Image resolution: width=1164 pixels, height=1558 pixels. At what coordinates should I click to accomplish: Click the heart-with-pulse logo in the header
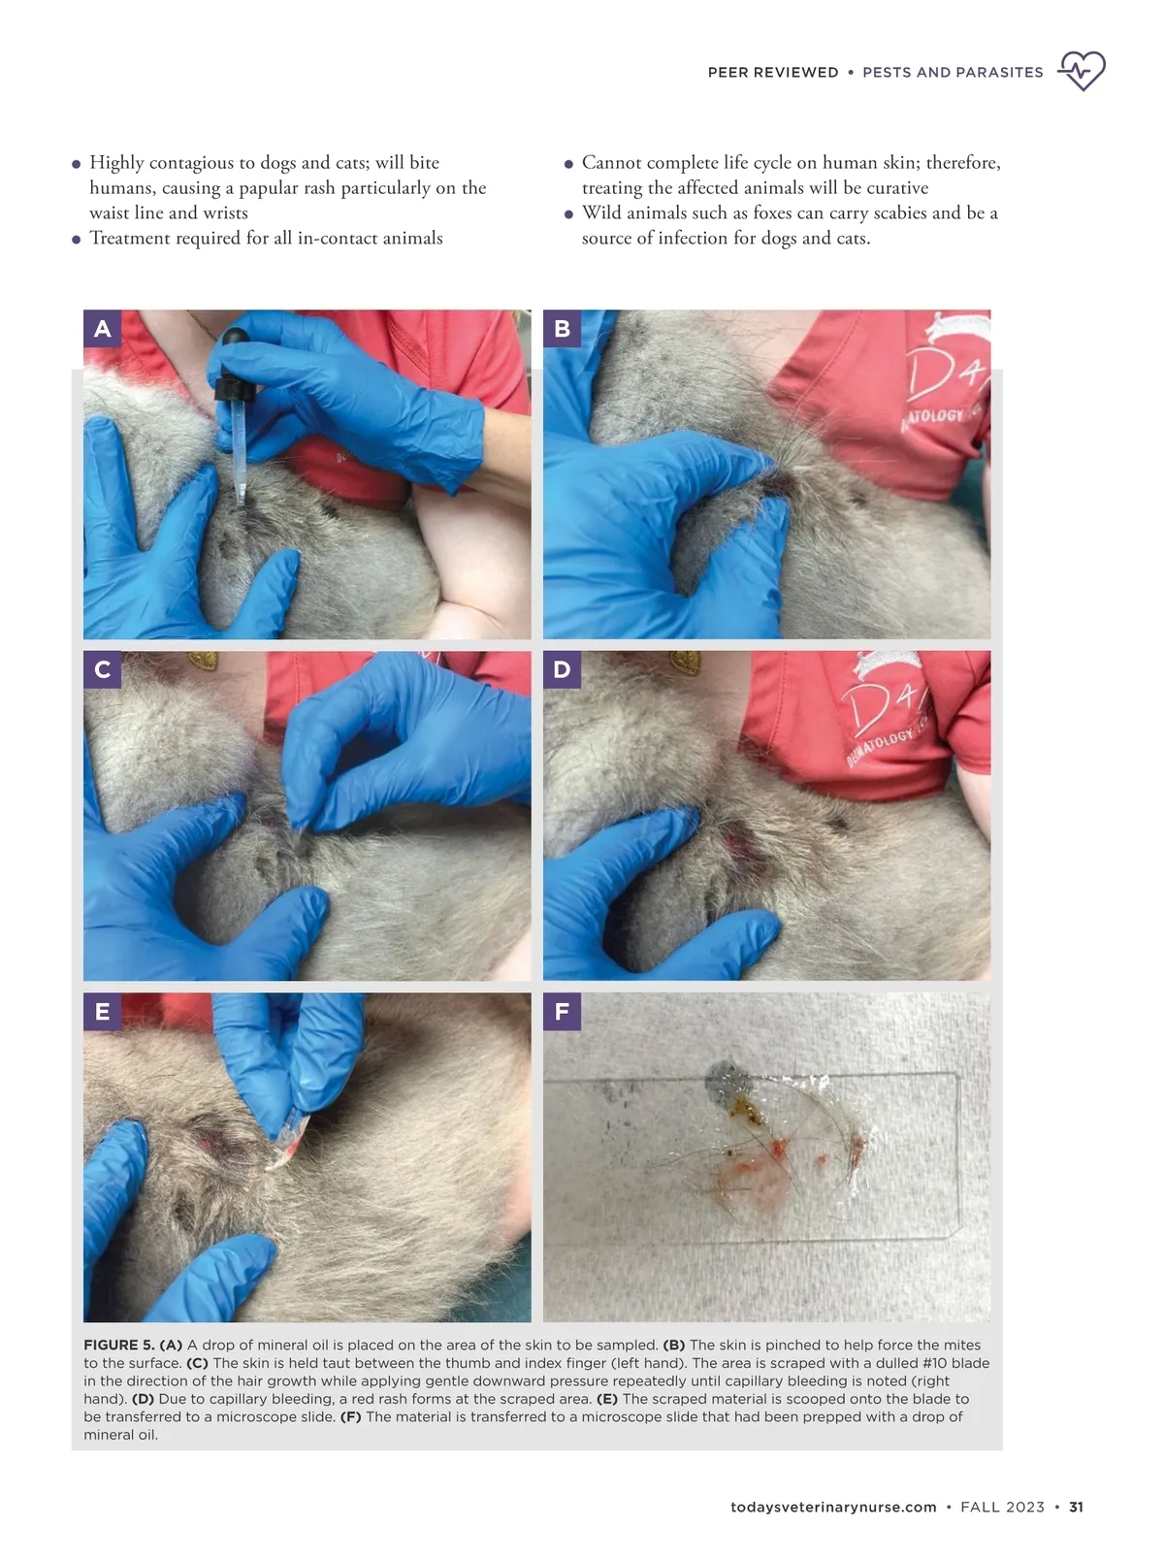[1081, 71]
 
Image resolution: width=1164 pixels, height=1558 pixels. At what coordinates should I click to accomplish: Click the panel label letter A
[102, 329]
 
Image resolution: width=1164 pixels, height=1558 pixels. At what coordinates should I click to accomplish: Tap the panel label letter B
[563, 329]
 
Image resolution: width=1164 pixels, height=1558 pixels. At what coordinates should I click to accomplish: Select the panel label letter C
[102, 669]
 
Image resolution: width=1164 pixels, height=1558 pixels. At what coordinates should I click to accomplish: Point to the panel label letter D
[563, 669]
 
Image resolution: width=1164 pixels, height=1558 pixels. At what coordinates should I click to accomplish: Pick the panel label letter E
[102, 1012]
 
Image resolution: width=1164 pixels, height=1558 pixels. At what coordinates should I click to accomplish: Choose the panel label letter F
[563, 1012]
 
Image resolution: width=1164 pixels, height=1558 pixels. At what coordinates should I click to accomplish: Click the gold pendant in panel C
[204, 660]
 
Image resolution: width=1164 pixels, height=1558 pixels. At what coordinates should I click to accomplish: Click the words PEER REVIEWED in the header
[773, 73]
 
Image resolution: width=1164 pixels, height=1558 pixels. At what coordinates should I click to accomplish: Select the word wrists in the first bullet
[225, 212]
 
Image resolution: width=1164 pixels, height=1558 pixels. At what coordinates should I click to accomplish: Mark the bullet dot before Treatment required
[77, 240]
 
